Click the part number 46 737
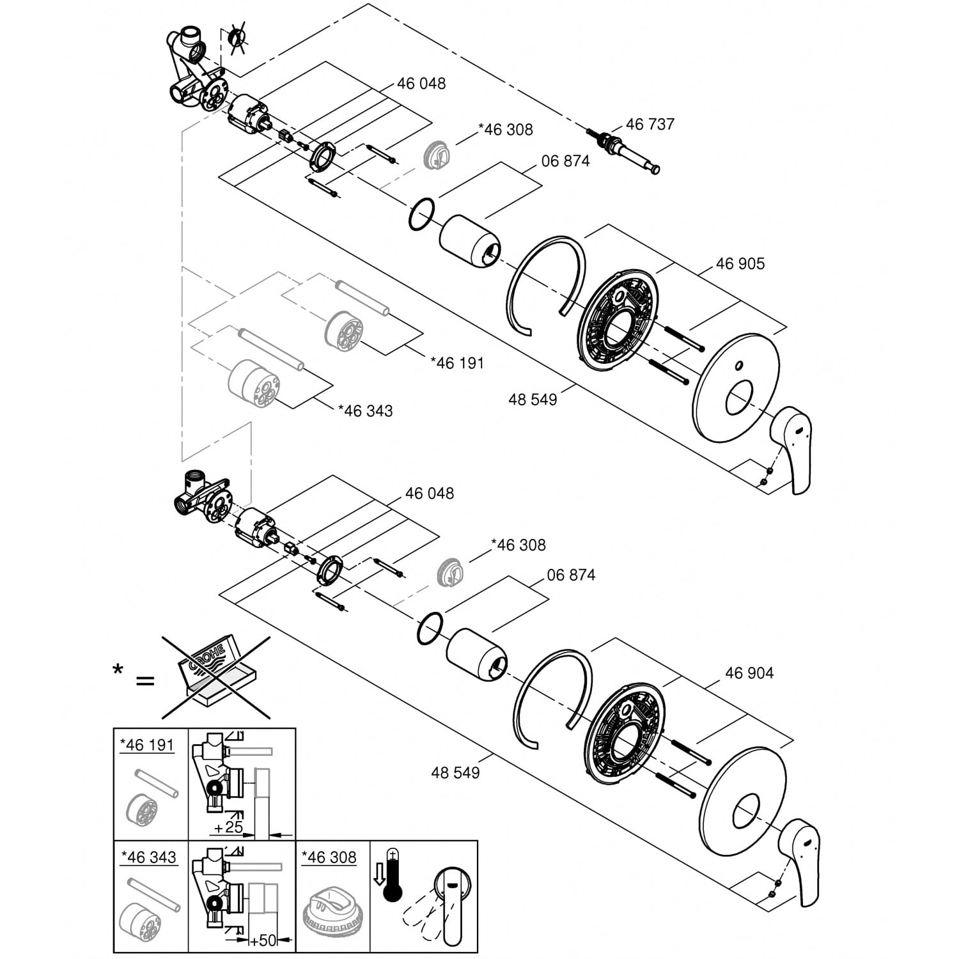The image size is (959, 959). (650, 124)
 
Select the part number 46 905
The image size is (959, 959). (740, 263)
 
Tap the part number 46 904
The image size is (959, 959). (749, 673)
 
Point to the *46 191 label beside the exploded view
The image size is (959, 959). (457, 363)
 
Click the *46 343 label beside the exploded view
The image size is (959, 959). (365, 410)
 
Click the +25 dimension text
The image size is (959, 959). (228, 827)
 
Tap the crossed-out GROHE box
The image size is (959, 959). (216, 676)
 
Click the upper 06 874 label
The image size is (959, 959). (565, 161)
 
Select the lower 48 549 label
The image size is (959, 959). (455, 773)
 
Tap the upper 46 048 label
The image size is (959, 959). (421, 84)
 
